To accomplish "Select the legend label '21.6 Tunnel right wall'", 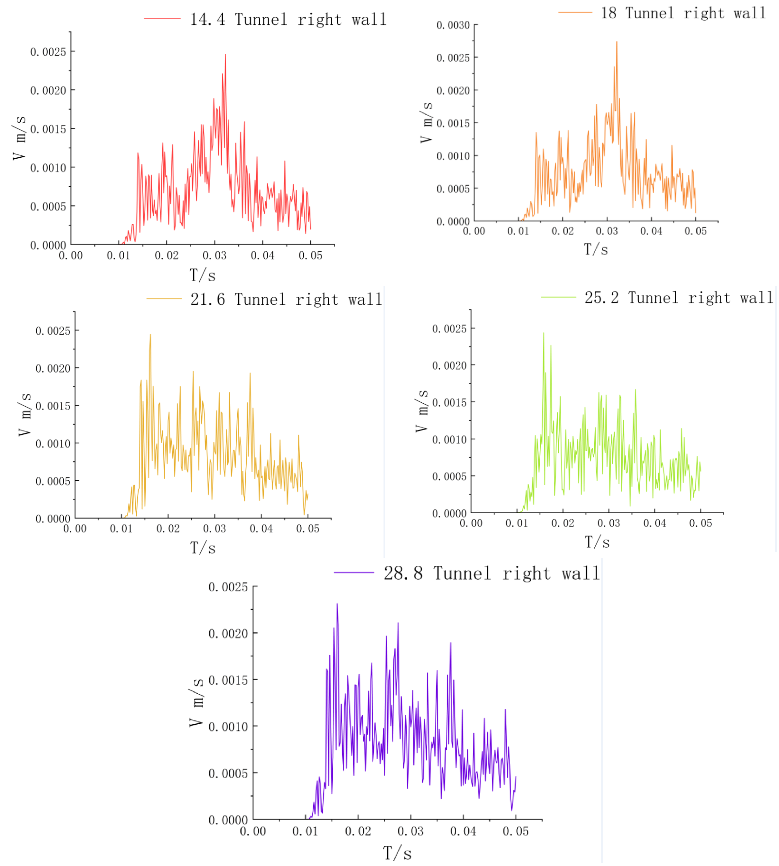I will coord(286,299).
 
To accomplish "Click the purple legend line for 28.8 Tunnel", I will coord(354,572).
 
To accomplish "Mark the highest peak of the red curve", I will coord(225,55).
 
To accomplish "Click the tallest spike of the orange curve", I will coord(617,42).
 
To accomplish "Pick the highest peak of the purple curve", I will coord(337,604).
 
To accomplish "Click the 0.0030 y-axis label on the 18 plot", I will coord(453,25).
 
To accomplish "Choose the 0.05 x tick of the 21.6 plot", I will coord(308,529).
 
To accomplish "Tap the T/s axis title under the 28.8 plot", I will coord(397,853).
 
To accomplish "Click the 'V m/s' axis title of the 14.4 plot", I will coord(19,138).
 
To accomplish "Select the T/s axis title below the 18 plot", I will coord(596,249).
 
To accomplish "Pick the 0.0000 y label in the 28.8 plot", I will coord(228,820).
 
